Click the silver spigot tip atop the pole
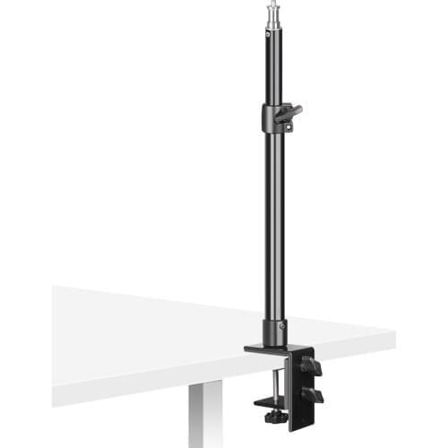(x=269, y=13)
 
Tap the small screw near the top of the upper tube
(x=269, y=33)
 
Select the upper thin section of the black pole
(x=269, y=67)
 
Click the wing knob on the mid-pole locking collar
(x=290, y=112)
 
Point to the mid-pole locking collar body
(x=271, y=118)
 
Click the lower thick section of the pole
(x=272, y=224)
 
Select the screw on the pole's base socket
(x=282, y=325)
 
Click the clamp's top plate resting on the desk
(x=269, y=349)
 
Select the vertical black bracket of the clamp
(x=296, y=385)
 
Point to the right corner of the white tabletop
(x=392, y=337)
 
